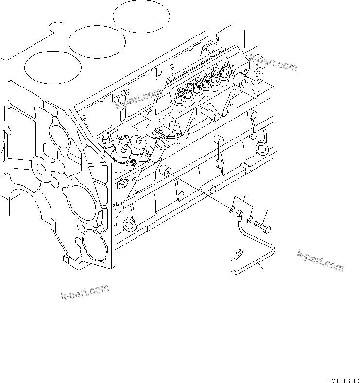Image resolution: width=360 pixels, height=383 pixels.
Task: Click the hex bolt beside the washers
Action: point(263,225)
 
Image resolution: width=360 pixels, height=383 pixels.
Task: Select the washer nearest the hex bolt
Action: point(249,220)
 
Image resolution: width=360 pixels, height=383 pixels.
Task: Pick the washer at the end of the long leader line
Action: point(229,209)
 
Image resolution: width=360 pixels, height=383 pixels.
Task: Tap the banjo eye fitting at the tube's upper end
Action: point(240,213)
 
